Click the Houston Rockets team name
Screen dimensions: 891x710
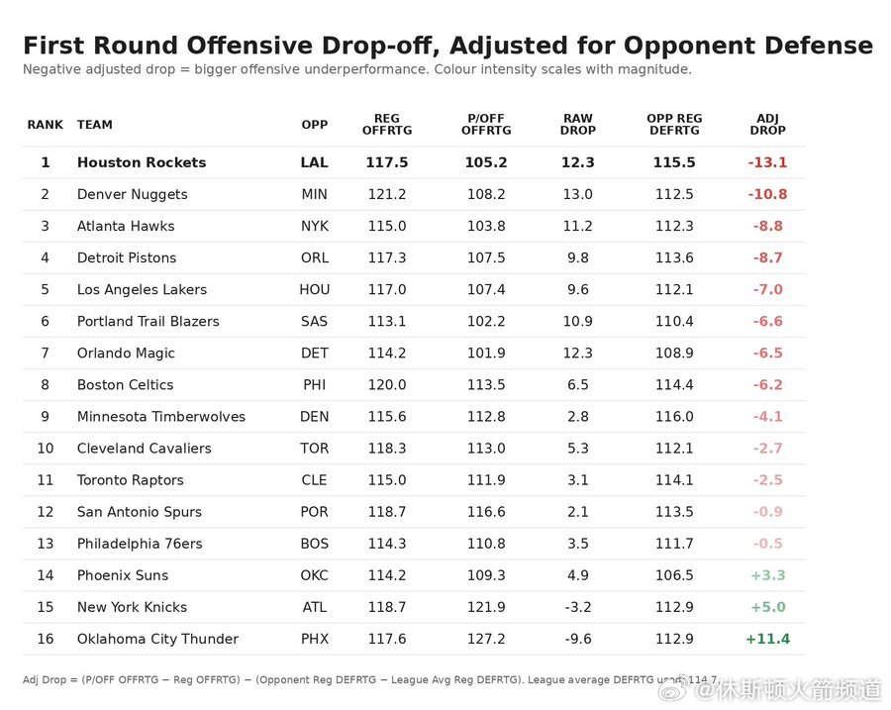coord(142,162)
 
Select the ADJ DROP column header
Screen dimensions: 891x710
coord(767,124)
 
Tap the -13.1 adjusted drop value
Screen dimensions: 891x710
coord(767,162)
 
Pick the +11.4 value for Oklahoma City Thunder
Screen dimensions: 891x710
coord(767,639)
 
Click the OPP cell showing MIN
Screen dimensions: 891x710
coord(314,194)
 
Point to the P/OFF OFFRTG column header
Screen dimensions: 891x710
coord(486,124)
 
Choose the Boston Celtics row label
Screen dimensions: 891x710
coord(125,385)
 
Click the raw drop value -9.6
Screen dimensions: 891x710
coord(578,639)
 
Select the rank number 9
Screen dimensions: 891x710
coord(45,417)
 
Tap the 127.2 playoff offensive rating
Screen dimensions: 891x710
coord(486,639)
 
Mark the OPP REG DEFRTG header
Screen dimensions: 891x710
coord(674,124)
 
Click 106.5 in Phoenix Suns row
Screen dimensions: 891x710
coord(674,575)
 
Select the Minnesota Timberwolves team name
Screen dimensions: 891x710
coord(161,417)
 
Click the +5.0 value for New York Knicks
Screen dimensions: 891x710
coord(767,607)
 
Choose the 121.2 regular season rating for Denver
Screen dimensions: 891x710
coord(387,194)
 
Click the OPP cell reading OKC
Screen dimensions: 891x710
coord(314,575)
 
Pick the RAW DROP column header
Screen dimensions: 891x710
coord(578,124)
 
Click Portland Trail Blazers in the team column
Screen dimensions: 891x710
coord(148,321)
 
